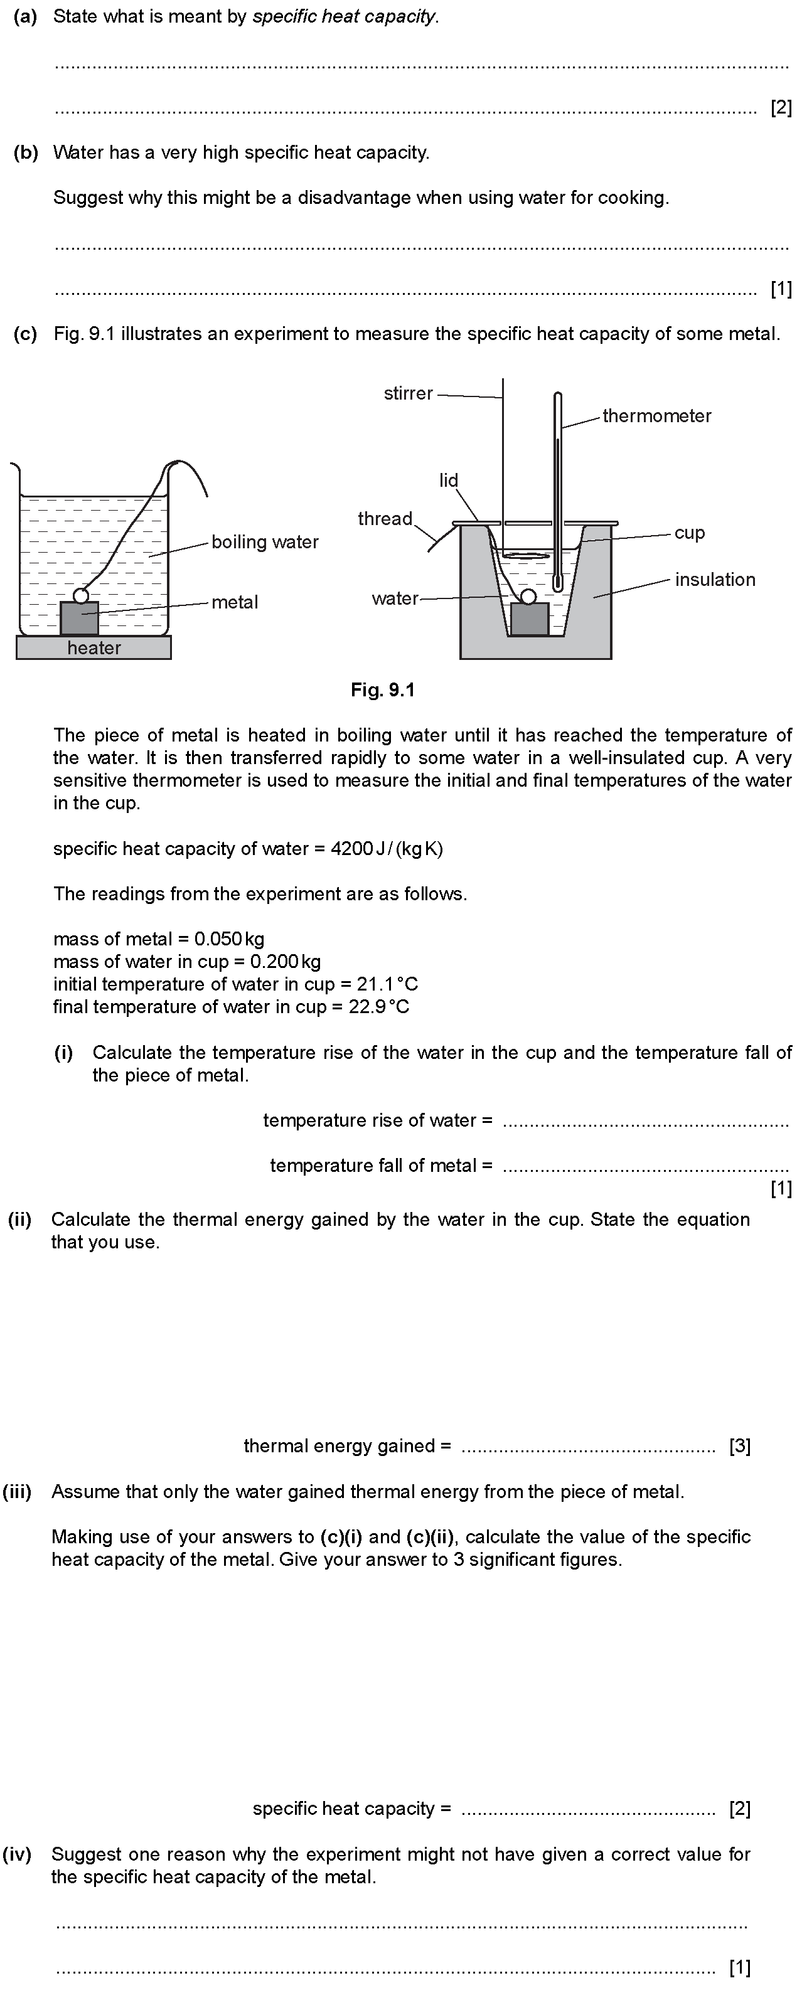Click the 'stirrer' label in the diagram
(x=408, y=393)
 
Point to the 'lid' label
(x=449, y=480)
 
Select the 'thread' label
(x=385, y=518)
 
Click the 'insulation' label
(x=714, y=580)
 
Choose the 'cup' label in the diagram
(x=690, y=533)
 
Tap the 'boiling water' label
(x=265, y=541)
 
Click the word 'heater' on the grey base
(x=94, y=647)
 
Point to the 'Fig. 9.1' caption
(x=382, y=689)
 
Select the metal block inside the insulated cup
(x=530, y=620)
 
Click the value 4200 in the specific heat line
(x=351, y=849)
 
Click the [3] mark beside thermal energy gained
(x=740, y=1446)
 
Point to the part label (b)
(x=26, y=152)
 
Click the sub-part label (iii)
(x=17, y=1492)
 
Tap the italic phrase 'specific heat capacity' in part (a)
(x=345, y=16)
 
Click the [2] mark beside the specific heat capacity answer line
(x=740, y=1809)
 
